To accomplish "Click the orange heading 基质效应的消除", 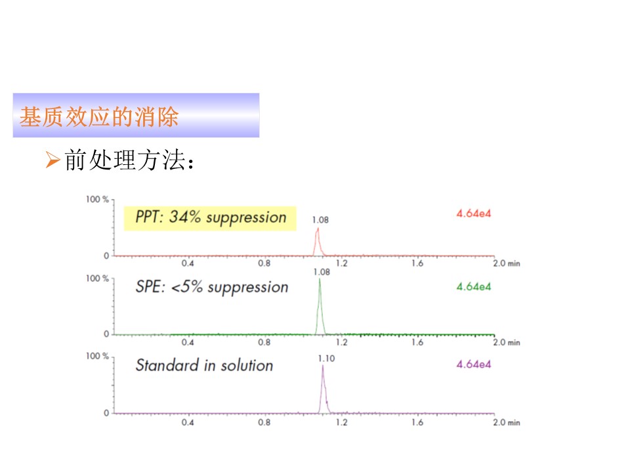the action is [99, 117].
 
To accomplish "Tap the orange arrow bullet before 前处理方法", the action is [52, 160].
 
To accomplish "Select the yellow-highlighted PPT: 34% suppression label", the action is [210, 218].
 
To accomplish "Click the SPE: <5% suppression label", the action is [212, 287].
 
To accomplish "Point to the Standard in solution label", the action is [204, 365].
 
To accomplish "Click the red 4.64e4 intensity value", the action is [474, 214].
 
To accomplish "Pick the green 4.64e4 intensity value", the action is [474, 287].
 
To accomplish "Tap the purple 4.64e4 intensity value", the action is [474, 365].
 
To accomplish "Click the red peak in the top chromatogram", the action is [318, 242].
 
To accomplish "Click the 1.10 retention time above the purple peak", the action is [326, 359].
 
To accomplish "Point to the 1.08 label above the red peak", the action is [320, 220].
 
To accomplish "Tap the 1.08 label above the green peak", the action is [322, 272].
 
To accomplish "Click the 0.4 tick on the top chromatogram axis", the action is [188, 263].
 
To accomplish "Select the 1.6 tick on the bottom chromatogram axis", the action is [417, 422].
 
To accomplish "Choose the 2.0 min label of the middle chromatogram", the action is [507, 343].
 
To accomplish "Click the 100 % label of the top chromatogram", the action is [97, 200].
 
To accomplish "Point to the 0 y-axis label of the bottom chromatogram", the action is [106, 413].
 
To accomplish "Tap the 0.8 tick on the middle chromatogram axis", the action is [264, 343].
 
